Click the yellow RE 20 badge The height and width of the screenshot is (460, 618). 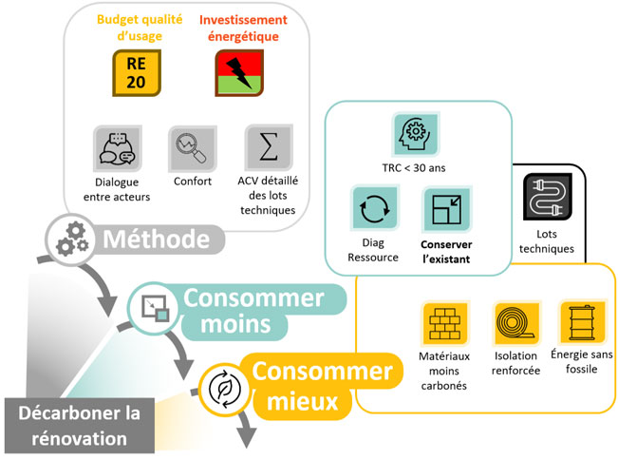coord(137,73)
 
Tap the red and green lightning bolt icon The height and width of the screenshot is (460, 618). coord(239,73)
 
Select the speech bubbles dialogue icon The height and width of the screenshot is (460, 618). coord(118,148)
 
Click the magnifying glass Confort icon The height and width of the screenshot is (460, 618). coord(193,148)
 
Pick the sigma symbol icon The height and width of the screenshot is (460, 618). coord(269,147)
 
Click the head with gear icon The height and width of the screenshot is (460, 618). coord(416,133)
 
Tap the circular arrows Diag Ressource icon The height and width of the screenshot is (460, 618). coord(374,208)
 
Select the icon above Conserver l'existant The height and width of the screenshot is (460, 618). coord(447,209)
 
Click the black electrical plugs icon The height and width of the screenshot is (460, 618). coord(548,197)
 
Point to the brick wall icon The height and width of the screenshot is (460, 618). coord(445,323)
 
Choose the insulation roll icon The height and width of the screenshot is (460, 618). coord(516,323)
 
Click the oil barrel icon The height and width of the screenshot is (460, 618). coord(582,322)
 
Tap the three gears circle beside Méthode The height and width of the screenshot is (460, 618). coord(71,240)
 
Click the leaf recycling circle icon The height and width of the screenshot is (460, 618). coord(224,389)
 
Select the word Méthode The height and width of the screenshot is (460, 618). coord(156,240)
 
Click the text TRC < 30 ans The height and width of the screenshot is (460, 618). coord(414,168)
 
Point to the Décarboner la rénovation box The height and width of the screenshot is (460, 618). coord(79,426)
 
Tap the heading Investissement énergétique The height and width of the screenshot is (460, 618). coord(243,28)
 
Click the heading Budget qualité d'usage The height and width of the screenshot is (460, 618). coord(140,28)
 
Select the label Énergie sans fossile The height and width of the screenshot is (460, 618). coord(582,361)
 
